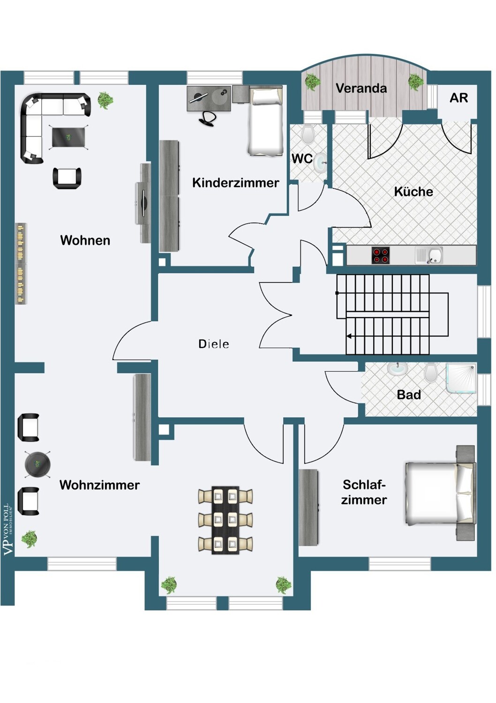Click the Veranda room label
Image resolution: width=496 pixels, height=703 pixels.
(361, 88)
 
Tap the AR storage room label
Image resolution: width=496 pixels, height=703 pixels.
(458, 98)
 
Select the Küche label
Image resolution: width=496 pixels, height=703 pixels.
(413, 191)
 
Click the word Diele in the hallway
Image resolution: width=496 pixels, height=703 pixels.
(213, 344)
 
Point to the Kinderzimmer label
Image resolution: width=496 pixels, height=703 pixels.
(235, 182)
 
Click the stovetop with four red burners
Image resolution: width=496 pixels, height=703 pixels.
(381, 255)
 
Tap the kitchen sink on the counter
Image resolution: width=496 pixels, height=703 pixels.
(429, 255)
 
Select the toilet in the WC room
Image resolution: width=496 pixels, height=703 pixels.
(308, 134)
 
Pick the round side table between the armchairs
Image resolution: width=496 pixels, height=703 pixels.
(38, 464)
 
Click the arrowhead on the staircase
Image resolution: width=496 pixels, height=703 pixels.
(349, 337)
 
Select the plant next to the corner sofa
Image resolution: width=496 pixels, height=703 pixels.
(105, 100)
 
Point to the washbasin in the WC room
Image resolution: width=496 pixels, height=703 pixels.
(320, 162)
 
